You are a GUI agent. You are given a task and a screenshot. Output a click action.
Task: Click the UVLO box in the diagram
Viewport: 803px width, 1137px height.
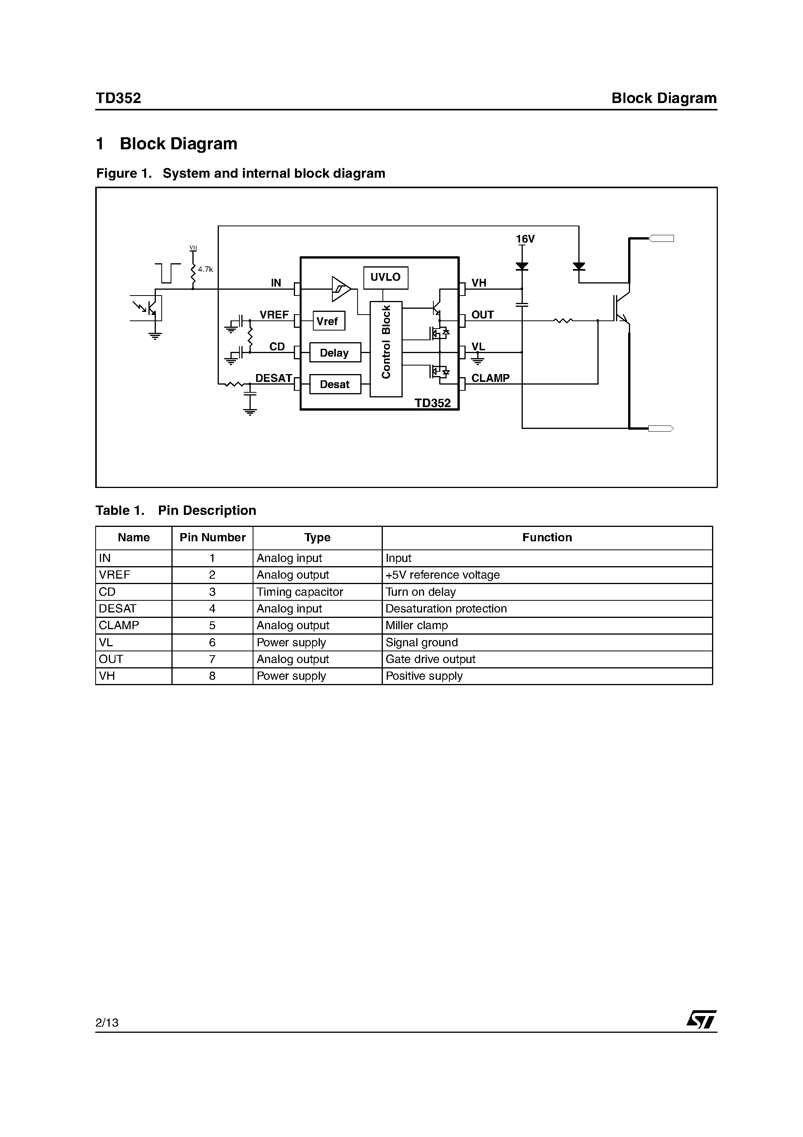(x=385, y=278)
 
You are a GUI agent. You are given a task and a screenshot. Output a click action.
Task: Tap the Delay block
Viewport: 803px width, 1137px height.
(x=335, y=353)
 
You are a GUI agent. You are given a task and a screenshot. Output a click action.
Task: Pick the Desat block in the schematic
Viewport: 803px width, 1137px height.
(x=335, y=384)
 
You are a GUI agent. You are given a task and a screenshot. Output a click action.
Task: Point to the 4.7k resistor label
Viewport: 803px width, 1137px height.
(x=206, y=269)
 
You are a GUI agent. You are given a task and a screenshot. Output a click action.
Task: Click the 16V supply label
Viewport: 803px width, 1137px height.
(x=525, y=239)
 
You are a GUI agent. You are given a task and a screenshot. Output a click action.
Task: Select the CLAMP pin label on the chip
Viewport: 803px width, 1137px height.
(x=490, y=378)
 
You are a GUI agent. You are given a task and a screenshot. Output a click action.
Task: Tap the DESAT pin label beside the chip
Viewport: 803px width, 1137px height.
(x=273, y=378)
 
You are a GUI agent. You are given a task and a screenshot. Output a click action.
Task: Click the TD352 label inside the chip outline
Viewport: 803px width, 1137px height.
(x=433, y=403)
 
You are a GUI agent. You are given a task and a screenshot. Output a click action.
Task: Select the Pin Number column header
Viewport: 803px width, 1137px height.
(x=212, y=538)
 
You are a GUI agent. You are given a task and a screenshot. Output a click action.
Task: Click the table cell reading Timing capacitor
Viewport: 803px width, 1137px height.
(x=300, y=592)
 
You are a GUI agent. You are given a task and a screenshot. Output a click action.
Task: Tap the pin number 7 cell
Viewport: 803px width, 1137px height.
(x=212, y=659)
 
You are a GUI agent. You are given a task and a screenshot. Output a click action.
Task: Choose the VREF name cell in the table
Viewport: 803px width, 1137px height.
(x=114, y=575)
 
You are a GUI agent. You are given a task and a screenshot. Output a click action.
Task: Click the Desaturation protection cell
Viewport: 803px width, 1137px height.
(x=446, y=609)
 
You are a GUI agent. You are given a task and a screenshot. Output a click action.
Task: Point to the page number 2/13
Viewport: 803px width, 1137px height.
(x=107, y=1022)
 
